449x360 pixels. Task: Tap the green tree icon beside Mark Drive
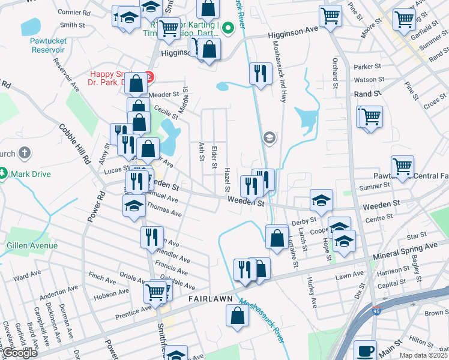4,174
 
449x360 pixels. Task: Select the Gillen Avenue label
32,245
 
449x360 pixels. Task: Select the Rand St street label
367,94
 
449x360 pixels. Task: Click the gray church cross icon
24,154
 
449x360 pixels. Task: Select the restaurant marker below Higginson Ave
259,73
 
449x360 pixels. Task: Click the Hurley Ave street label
312,293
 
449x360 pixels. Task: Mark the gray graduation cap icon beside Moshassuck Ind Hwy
269,139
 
